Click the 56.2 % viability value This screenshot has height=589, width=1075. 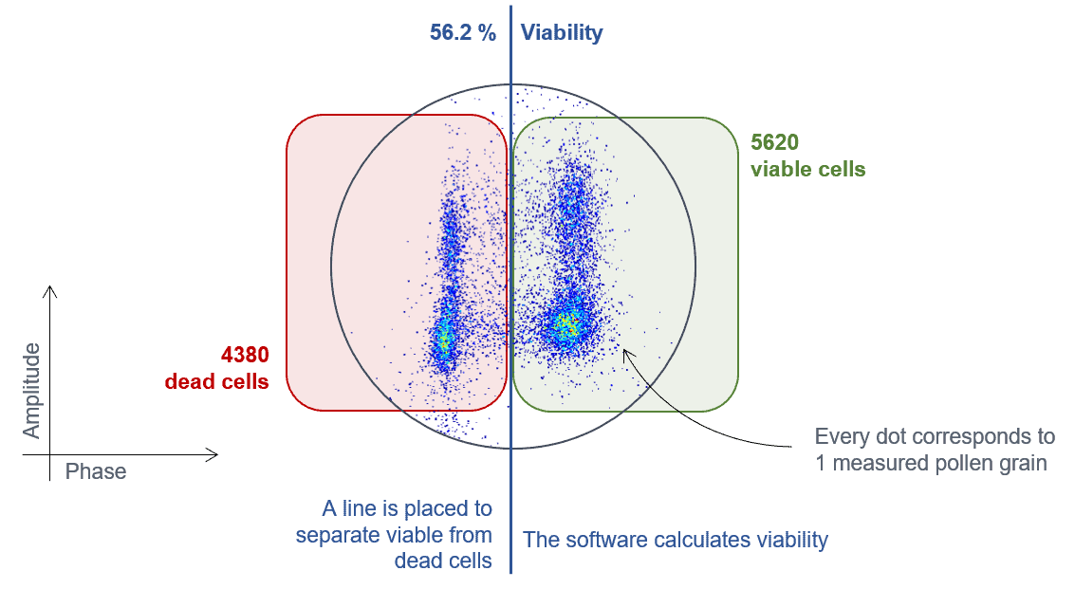coord(463,33)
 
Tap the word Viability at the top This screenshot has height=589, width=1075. coord(562,33)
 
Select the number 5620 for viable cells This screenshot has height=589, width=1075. coord(775,143)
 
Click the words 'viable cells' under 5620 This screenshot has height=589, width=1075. coord(807,170)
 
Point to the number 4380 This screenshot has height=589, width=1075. coord(245,355)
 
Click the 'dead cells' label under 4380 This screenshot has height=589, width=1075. coord(216,381)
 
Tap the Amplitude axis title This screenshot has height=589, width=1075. coord(32,391)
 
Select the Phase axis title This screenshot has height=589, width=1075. coord(96,471)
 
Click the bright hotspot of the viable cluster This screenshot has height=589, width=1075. coord(565,326)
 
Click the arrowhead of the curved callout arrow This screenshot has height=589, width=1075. coord(626,350)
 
